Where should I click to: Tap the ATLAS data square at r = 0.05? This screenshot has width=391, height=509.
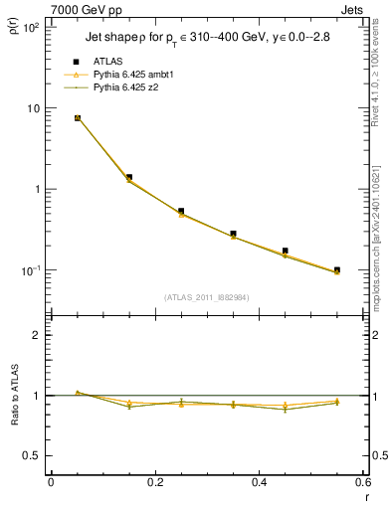click(x=78, y=118)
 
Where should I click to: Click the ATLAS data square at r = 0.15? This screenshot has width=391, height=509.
click(x=129, y=177)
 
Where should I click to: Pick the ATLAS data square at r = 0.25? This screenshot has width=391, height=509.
click(x=181, y=211)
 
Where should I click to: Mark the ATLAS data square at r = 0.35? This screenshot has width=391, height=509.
click(x=233, y=234)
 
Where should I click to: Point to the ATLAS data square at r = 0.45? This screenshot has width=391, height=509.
click(x=286, y=251)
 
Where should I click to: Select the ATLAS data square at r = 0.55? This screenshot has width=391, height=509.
click(x=337, y=269)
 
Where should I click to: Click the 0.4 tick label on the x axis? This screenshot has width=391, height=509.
click(x=259, y=480)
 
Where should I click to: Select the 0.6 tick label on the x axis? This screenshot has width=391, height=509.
click(x=362, y=480)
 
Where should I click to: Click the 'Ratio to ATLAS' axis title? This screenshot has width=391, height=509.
click(x=13, y=396)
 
